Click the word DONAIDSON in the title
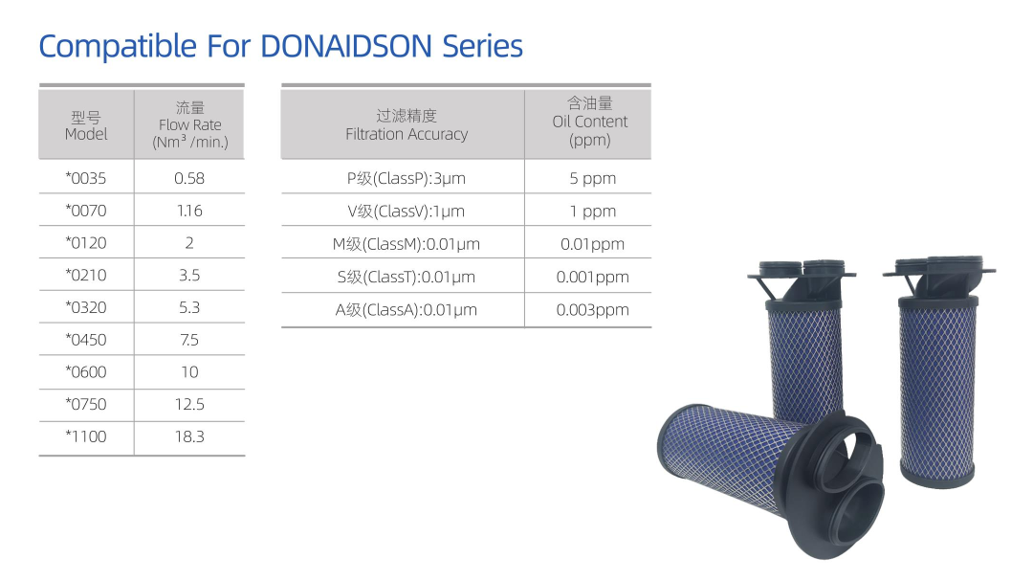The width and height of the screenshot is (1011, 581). tap(346, 47)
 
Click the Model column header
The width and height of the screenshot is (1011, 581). tap(86, 126)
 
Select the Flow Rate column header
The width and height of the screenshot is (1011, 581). tap(190, 124)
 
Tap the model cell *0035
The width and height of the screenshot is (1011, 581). tap(86, 178)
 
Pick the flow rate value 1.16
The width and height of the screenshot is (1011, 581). tap(189, 211)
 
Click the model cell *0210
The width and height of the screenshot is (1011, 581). tap(86, 275)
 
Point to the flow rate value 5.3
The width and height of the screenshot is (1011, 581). tap(189, 307)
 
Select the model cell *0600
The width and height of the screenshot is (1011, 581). tap(86, 371)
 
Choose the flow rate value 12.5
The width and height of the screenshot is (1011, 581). tap(189, 404)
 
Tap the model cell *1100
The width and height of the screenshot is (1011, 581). tap(86, 436)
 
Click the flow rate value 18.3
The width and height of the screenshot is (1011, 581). tap(189, 436)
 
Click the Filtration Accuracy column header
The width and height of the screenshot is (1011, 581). tap(407, 124)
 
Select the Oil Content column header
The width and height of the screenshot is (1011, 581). tap(590, 122)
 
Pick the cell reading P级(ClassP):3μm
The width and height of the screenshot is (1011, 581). tap(407, 178)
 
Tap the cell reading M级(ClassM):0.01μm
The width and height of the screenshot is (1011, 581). tap(407, 244)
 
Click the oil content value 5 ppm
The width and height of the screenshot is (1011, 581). tap(593, 178)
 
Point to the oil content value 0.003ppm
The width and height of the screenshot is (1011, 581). tap(593, 310)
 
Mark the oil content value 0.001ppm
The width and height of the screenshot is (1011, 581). tap(593, 277)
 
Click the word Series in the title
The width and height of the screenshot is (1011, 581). tap(482, 47)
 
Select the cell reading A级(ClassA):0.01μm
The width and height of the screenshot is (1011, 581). tap(407, 310)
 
